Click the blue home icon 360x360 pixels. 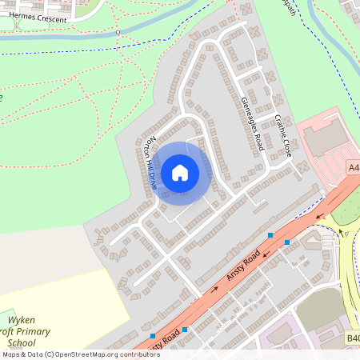pyautogui.click(x=180, y=172)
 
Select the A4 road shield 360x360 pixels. pyautogui.click(x=354, y=166)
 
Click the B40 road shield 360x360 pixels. pyautogui.click(x=353, y=338)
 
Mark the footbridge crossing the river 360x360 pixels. pyautogui.click(x=118, y=33)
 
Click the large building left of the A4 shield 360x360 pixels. pyautogui.click(x=325, y=140)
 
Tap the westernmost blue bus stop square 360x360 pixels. pyautogui.click(x=152, y=336)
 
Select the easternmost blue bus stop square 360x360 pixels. pyautogui.click(x=287, y=242)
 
